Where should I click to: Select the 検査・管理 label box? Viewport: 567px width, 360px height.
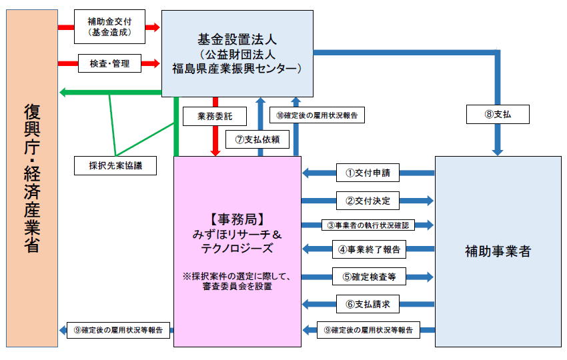[x=109, y=64]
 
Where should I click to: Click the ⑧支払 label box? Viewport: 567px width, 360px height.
[x=498, y=115]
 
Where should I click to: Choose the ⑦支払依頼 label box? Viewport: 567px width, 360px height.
[x=257, y=139]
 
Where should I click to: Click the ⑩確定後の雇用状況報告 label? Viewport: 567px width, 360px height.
[x=316, y=115]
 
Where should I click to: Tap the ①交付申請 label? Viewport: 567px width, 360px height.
[x=368, y=173]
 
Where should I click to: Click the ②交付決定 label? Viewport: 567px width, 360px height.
[x=368, y=200]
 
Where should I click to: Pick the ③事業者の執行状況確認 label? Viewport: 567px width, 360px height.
[x=368, y=225]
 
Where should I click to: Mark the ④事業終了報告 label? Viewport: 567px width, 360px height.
[x=368, y=249]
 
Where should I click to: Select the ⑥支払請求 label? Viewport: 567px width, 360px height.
[x=368, y=304]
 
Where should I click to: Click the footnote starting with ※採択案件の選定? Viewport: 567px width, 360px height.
[x=237, y=282]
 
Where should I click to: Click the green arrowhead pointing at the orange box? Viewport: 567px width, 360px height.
[x=64, y=92]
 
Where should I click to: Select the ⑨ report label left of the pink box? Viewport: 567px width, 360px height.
[x=119, y=329]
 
